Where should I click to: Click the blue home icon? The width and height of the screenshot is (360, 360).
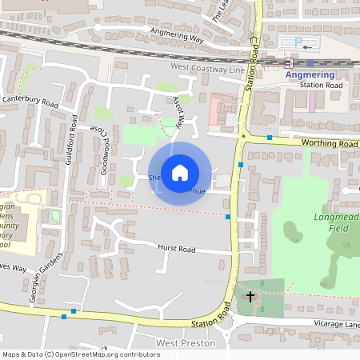pyautogui.click(x=180, y=173)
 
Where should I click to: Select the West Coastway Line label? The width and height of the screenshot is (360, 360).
pyautogui.click(x=207, y=70)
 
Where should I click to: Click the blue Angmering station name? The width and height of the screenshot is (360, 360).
pyautogui.click(x=310, y=75)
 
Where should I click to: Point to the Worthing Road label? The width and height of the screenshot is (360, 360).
pyautogui.click(x=329, y=142)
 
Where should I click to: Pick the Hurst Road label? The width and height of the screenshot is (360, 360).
pyautogui.click(x=176, y=250)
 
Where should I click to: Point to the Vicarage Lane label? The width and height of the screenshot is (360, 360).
pyautogui.click(x=335, y=324)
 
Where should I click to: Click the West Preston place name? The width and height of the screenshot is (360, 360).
pyautogui.click(x=186, y=343)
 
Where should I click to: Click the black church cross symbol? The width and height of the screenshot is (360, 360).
pyautogui.click(x=250, y=297)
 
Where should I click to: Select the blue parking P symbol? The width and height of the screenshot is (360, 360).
pyautogui.click(x=299, y=41)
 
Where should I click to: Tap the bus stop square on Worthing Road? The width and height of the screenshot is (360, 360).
pyautogui.click(x=270, y=138)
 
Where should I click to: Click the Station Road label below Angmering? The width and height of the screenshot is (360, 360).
pyautogui.click(x=321, y=85)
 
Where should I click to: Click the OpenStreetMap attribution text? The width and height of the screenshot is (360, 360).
pyautogui.click(x=80, y=354)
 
